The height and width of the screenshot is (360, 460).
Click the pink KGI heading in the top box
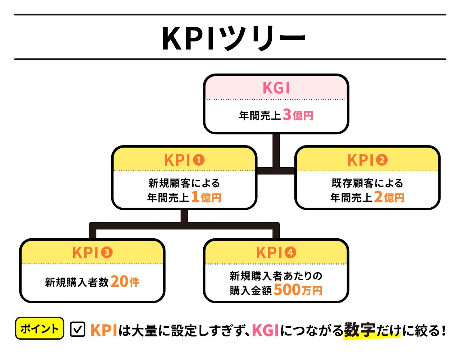click(x=276, y=88)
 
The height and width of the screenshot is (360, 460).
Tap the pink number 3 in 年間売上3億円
click(x=287, y=114)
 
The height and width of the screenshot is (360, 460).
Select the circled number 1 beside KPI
click(x=198, y=160)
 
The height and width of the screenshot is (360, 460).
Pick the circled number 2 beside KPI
click(x=382, y=160)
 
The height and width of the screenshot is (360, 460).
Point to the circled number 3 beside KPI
click(x=106, y=252)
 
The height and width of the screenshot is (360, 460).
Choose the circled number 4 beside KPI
click(x=290, y=252)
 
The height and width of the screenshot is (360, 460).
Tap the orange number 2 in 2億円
click(x=378, y=197)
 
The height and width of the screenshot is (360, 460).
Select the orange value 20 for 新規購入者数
click(x=119, y=281)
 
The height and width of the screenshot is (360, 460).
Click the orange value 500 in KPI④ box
click(x=287, y=290)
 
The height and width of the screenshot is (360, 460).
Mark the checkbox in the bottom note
click(x=77, y=329)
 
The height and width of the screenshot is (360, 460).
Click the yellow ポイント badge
click(x=40, y=328)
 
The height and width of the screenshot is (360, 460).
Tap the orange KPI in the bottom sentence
click(x=104, y=330)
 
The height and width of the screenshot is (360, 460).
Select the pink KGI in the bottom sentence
click(x=265, y=330)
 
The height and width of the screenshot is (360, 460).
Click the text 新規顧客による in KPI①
click(x=184, y=183)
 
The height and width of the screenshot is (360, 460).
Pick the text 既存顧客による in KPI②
click(x=367, y=183)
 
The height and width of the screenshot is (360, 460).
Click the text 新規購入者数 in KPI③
click(x=77, y=282)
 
